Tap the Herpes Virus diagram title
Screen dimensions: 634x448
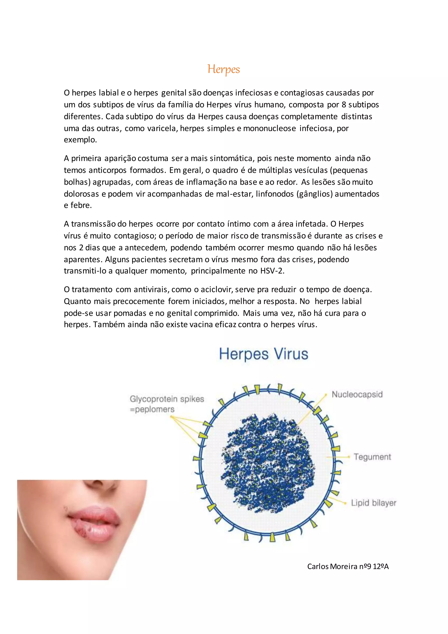[x=263, y=354]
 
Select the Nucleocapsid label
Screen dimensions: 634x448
[x=357, y=394]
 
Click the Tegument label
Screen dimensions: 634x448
[x=372, y=457]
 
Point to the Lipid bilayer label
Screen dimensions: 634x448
[x=374, y=503]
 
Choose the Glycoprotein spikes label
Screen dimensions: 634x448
[x=167, y=399]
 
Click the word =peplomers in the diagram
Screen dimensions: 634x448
[x=152, y=409]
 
